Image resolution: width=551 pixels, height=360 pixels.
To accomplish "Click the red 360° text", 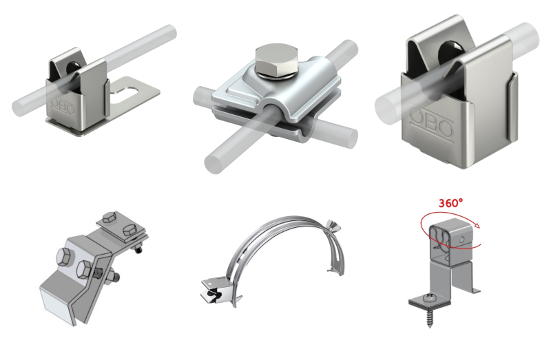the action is click(450, 202).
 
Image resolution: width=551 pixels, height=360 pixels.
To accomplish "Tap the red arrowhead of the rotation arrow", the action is click(477, 226).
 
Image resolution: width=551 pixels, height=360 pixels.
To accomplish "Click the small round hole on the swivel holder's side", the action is click(462, 240).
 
